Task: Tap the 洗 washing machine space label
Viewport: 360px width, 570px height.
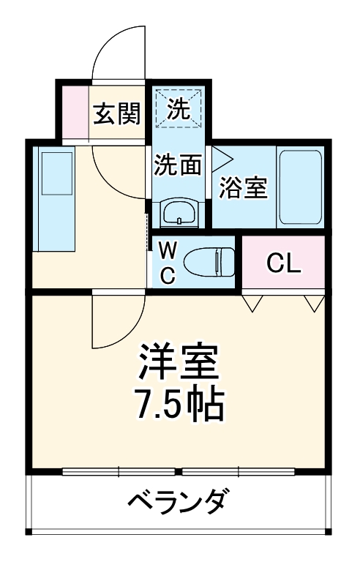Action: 178,110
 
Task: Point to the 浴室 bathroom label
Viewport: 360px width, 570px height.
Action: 243,188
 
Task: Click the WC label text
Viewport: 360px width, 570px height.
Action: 168,263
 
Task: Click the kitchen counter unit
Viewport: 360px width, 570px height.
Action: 55,196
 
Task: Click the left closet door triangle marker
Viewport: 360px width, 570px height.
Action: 253,302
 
